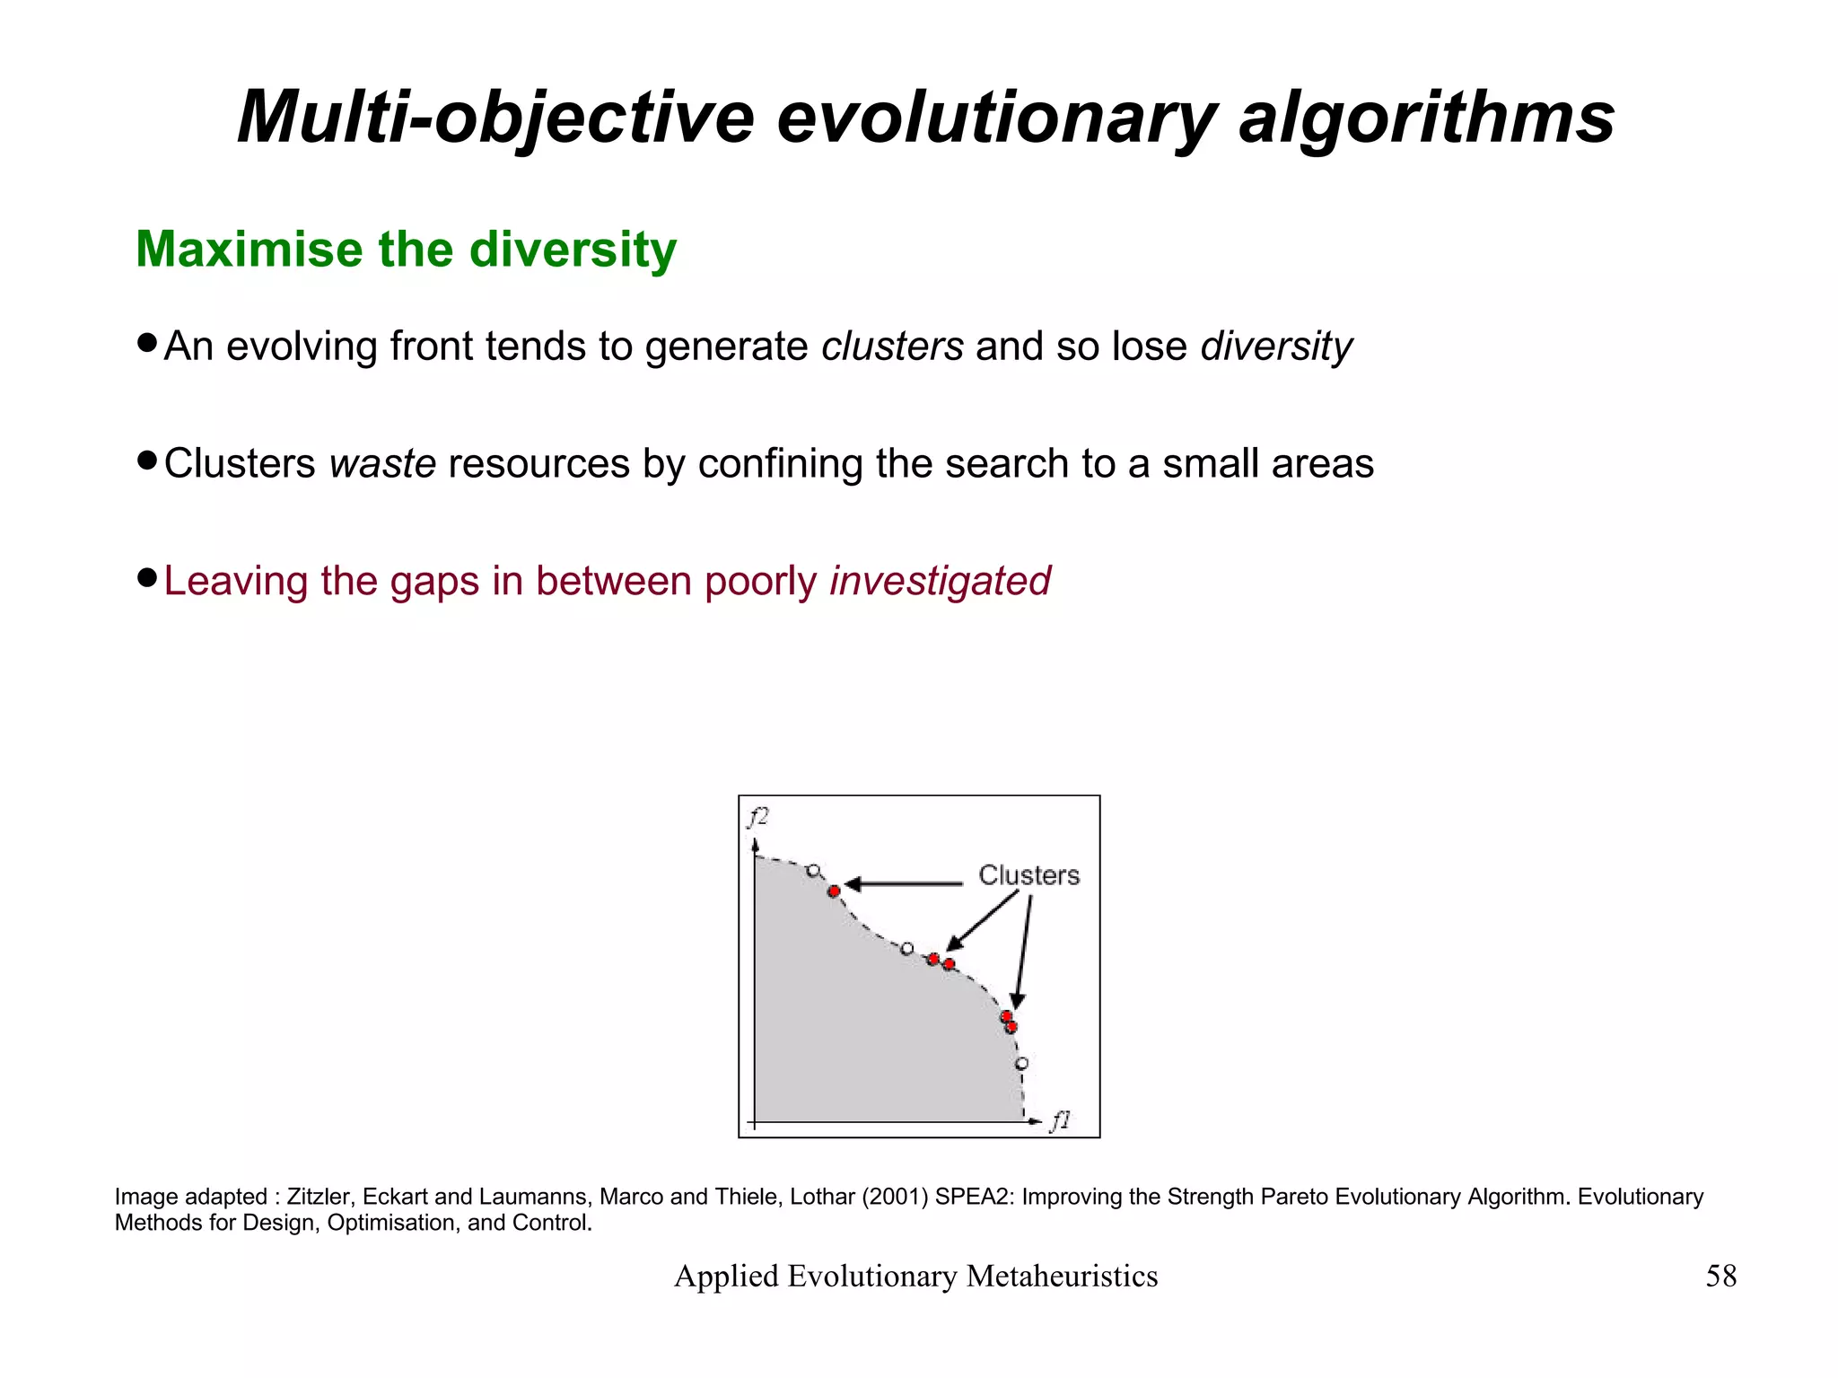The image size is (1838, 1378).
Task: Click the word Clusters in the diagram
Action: [1028, 874]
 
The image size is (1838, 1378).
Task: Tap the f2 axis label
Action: [758, 816]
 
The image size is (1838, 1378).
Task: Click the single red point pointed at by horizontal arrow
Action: [834, 891]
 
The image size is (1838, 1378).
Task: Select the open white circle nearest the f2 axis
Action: [813, 870]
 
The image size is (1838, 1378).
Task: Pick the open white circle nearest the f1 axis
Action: [1021, 1064]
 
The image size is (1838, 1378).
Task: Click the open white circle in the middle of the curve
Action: [906, 948]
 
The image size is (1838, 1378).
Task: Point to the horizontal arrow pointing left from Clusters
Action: [902, 884]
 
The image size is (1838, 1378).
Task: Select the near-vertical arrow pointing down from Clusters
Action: [1024, 952]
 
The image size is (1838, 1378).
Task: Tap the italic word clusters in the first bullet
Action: [892, 347]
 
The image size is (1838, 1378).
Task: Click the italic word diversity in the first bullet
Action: [1275, 347]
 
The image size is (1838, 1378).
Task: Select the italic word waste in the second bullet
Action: [382, 464]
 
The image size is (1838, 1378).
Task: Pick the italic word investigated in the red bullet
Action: [940, 581]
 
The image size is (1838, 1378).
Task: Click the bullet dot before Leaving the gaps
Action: [148, 576]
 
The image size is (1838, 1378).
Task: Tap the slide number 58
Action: [1720, 1276]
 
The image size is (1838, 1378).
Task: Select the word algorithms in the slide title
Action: [1426, 118]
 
